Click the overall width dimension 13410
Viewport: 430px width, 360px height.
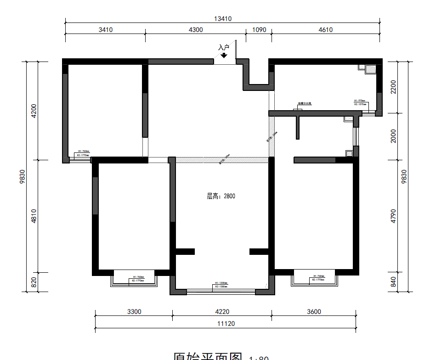click(x=223, y=19)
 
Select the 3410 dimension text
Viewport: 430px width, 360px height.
click(x=105, y=30)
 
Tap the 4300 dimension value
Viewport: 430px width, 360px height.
click(x=195, y=30)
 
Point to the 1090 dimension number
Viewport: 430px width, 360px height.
click(x=259, y=30)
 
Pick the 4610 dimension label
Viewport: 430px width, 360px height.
click(x=325, y=30)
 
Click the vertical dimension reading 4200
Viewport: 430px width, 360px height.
click(x=33, y=111)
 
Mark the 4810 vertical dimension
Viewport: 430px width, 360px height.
click(x=33, y=217)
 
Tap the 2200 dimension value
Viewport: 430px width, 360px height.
click(x=393, y=87)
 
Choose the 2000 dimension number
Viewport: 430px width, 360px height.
click(x=393, y=136)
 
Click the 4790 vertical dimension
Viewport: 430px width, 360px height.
click(x=393, y=216)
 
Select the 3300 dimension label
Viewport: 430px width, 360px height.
click(x=134, y=312)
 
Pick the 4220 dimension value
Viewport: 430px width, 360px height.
click(x=222, y=312)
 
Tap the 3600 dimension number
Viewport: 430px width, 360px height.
click(x=314, y=312)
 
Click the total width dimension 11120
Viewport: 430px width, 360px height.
click(x=226, y=323)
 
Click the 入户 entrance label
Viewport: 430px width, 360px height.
click(x=223, y=47)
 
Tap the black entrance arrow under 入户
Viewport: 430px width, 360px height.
click(x=224, y=55)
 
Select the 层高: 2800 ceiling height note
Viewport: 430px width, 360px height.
click(x=221, y=196)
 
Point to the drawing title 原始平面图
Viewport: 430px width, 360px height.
click(x=208, y=355)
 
